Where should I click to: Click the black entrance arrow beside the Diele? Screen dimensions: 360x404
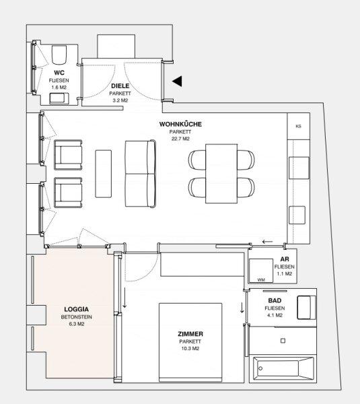(178, 81)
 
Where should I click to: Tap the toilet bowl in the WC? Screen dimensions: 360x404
(59, 55)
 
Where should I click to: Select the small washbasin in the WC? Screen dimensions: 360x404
(59, 98)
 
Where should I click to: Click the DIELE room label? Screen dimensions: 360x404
(120, 86)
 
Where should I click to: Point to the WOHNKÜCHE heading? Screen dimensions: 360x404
(180, 124)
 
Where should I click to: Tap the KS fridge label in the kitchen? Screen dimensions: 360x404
(299, 127)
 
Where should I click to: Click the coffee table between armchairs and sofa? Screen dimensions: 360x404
(103, 174)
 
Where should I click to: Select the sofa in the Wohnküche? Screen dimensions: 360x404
(141, 174)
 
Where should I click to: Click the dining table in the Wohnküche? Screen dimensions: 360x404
(221, 174)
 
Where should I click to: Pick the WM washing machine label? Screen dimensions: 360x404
(261, 280)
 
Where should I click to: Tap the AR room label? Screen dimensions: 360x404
(285, 259)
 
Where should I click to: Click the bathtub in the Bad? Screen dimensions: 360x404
(283, 368)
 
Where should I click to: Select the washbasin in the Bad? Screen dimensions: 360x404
(306, 308)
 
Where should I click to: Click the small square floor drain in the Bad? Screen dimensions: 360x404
(283, 341)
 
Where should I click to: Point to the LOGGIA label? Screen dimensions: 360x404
(77, 309)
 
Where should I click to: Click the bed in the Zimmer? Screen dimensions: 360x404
(190, 342)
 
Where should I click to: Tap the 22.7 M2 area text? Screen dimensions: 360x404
(180, 139)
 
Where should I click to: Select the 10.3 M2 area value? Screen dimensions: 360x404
(190, 349)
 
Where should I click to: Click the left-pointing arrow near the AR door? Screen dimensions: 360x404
(267, 242)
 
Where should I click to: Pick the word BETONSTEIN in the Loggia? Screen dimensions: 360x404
(77, 317)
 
